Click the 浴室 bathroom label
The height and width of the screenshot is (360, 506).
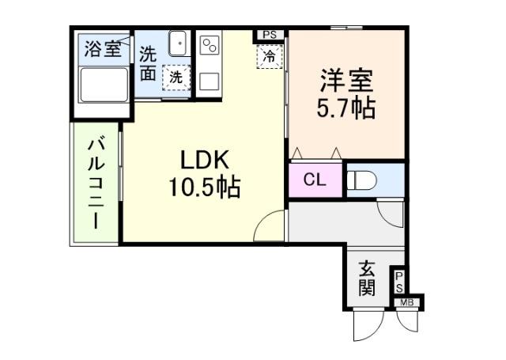click(x=103, y=49)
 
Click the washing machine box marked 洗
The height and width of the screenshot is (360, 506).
click(x=176, y=78)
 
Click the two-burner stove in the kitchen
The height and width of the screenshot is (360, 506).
click(x=210, y=46)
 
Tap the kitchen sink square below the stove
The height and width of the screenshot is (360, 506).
click(x=210, y=81)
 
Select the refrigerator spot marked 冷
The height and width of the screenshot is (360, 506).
click(x=270, y=56)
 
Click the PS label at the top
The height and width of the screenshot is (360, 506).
click(x=270, y=35)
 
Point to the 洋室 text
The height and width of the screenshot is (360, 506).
click(x=346, y=81)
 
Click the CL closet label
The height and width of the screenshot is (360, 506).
click(x=315, y=180)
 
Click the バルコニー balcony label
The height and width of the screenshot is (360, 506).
click(x=96, y=184)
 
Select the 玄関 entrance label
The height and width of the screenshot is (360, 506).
click(x=366, y=278)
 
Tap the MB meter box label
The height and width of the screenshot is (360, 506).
click(x=407, y=302)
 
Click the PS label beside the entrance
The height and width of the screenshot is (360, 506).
click(x=400, y=281)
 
